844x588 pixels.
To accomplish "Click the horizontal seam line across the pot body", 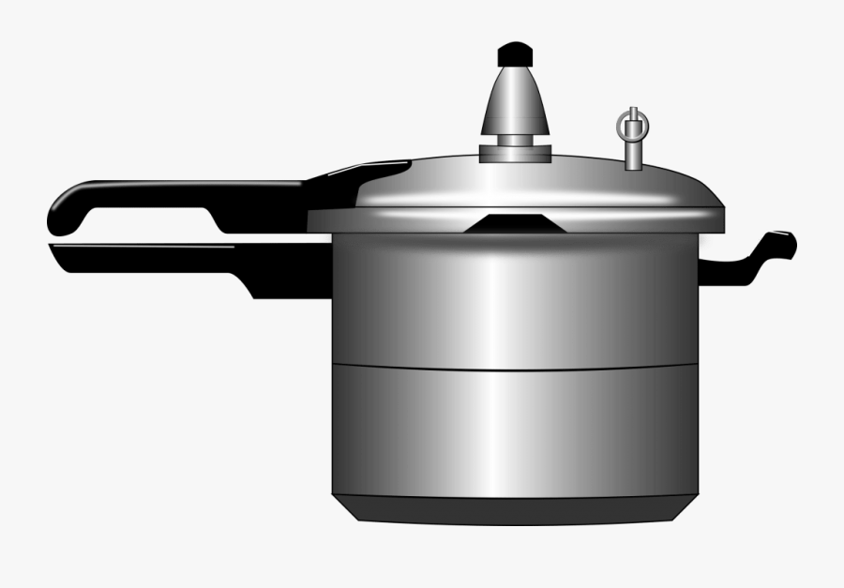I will [515, 367].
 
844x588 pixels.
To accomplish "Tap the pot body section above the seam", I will [515, 300].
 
